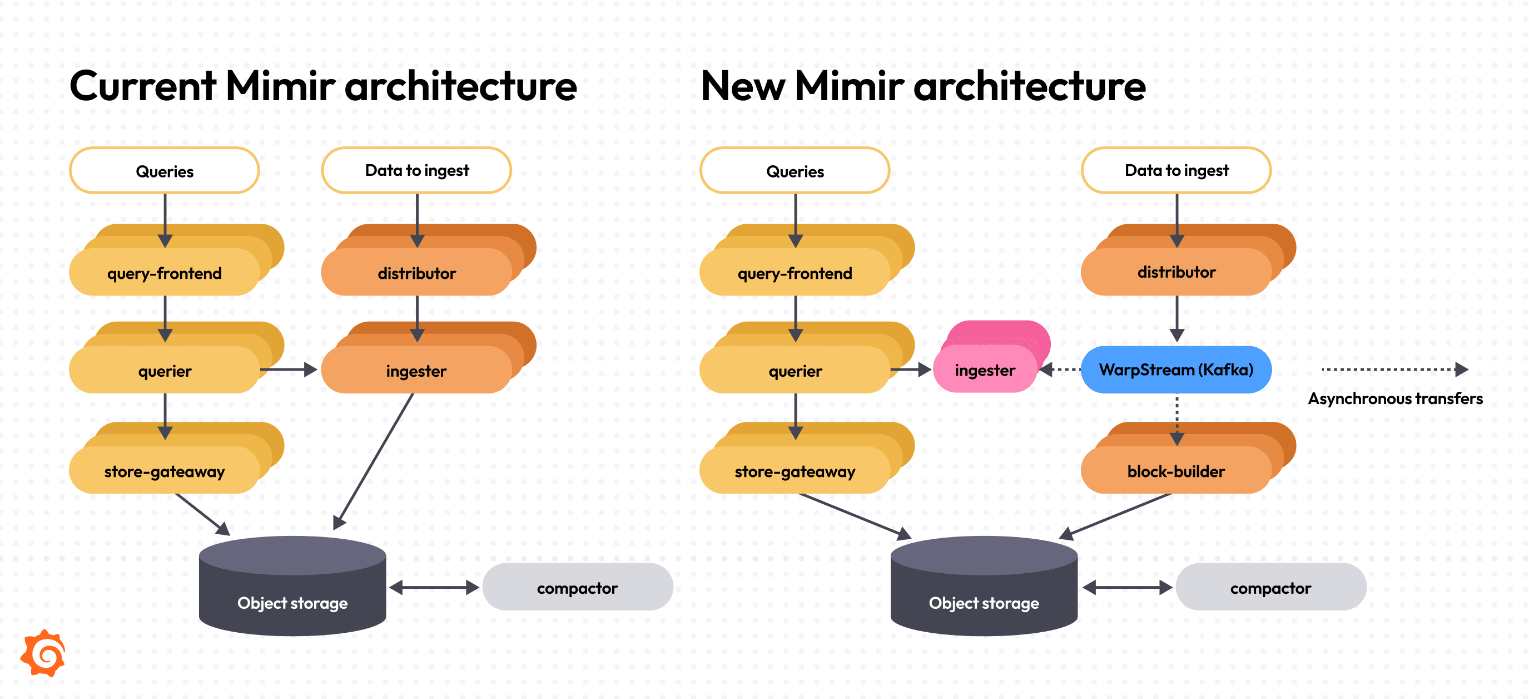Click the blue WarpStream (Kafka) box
pos(1176,370)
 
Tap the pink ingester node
pos(985,370)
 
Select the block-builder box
pos(1175,471)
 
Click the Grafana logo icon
pos(43,653)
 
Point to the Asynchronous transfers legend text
pos(1395,398)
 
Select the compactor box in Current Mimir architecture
pos(577,587)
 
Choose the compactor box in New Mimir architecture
pos(1270,587)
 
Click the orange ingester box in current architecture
pos(415,371)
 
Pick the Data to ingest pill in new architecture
pos(1176,170)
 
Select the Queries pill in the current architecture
pos(165,171)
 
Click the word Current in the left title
pos(142,86)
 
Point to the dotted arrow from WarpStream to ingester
pos(1061,370)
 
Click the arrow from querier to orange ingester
pos(289,370)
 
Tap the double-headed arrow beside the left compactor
pos(434,587)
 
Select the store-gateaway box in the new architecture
pos(794,471)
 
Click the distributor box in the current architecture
pos(416,273)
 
